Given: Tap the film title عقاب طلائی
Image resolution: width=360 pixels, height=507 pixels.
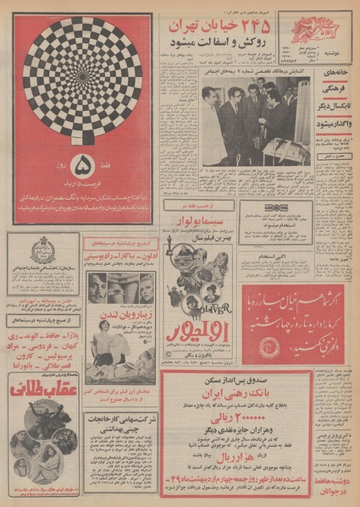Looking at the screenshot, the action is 44,391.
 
